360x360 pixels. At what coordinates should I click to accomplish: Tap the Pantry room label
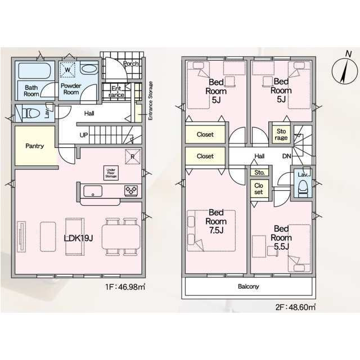35,146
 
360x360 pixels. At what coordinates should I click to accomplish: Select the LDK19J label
78,238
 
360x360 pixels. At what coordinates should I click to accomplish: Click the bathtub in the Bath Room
34,71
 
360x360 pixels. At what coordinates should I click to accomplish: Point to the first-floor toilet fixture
31,113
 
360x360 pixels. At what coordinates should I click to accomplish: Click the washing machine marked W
67,70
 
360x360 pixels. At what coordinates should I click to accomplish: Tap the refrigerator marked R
133,157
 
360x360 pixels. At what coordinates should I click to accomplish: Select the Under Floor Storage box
111,173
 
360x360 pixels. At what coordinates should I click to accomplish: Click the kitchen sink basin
93,191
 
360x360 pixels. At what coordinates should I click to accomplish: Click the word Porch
131,64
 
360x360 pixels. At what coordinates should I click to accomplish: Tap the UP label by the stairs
84,135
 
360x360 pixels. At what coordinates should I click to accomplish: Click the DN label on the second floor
286,156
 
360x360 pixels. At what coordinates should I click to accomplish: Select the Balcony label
249,286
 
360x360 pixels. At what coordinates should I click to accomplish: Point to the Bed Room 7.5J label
216,221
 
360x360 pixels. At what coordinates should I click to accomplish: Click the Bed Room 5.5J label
281,237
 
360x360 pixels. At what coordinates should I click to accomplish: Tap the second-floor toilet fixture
303,189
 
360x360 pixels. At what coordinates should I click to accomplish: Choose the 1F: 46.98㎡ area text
125,287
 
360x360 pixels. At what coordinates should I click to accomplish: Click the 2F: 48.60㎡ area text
295,307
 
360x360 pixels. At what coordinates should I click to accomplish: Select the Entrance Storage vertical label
150,101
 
